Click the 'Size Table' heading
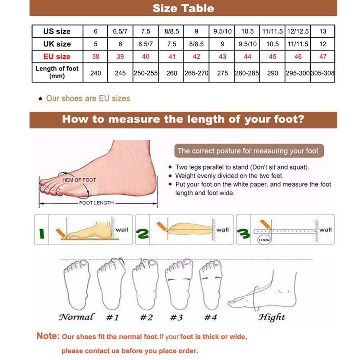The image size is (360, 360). coord(183,8)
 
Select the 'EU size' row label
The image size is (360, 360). coord(57,57)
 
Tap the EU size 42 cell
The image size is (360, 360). coord(196,57)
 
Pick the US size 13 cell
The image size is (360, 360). coord(323,31)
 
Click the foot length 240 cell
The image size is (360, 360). coord(95,73)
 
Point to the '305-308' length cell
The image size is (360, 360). coord(323,73)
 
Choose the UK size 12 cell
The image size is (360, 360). coord(323,44)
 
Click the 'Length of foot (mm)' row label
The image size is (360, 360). coord(57,72)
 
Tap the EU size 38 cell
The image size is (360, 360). coord(95,57)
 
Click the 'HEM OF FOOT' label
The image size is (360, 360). coord(79,180)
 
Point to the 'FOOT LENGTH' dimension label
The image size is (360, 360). coord(96,203)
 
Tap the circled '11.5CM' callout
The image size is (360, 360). coord(265,239)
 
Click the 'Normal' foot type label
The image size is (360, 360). coord(76,317)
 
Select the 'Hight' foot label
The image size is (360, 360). coord(272,317)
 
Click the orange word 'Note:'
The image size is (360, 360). coord(48,336)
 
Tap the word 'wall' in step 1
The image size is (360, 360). coord(122,229)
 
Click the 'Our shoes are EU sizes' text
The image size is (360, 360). coord(88,98)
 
